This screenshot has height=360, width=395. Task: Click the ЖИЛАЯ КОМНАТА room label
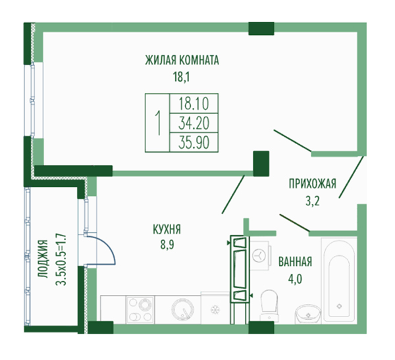[182, 60]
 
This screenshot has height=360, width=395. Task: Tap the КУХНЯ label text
[167, 230]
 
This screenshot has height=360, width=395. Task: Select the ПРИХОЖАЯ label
[312, 184]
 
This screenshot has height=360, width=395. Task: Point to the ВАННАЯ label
[295, 262]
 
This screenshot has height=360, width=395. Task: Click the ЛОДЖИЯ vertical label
[43, 259]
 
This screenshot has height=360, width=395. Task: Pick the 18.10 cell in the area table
[194, 103]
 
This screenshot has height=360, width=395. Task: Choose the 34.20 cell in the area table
[194, 122]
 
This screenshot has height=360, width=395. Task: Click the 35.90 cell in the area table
[194, 142]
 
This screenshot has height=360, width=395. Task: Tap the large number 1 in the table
[158, 123]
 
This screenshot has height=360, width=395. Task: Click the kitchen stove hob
[140, 309]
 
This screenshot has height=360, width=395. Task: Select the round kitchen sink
[182, 309]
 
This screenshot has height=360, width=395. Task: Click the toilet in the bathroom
[269, 305]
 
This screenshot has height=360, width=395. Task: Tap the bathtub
[339, 280]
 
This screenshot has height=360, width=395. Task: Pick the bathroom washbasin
[308, 313]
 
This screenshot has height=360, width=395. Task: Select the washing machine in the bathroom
[260, 255]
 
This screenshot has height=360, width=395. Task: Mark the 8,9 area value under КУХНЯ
[167, 244]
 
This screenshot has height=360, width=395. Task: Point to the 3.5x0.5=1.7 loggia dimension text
[61, 260]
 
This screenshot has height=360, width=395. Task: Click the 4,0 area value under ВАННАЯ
[295, 279]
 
